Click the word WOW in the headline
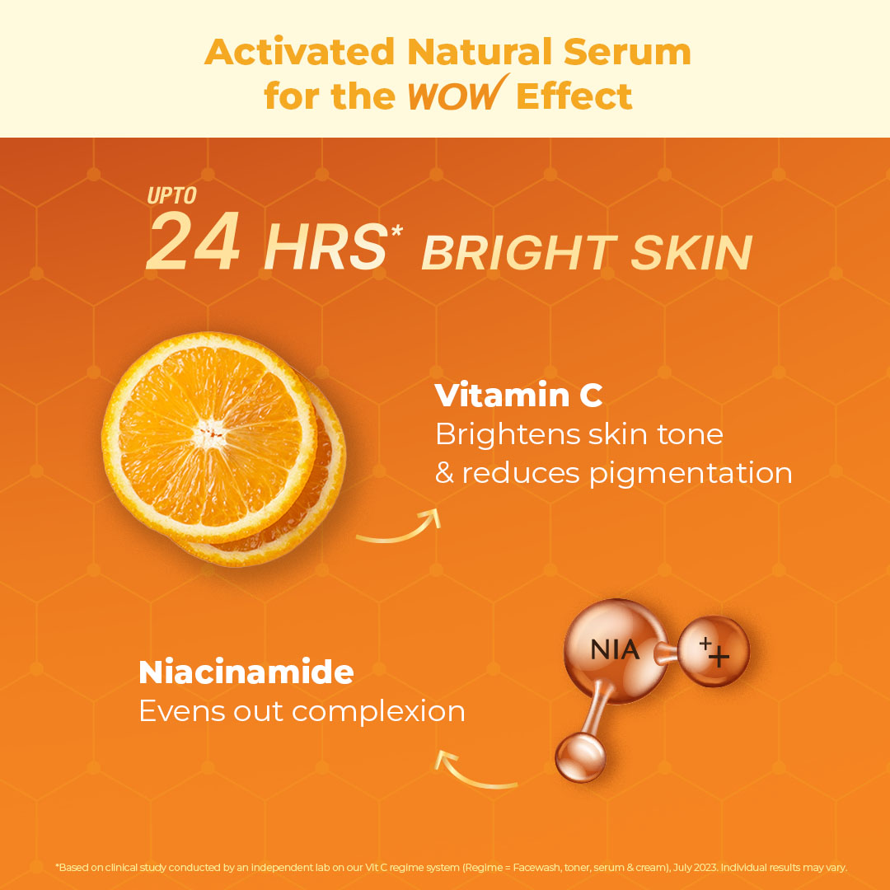pyautogui.click(x=452, y=96)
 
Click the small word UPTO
pyautogui.click(x=172, y=196)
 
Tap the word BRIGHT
pyautogui.click(x=520, y=252)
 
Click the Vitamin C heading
pyautogui.click(x=518, y=396)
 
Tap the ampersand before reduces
pyautogui.click(x=444, y=473)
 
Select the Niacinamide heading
pyautogui.click(x=246, y=672)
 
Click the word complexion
pyautogui.click(x=382, y=711)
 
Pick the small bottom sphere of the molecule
pyautogui.click(x=580, y=758)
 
